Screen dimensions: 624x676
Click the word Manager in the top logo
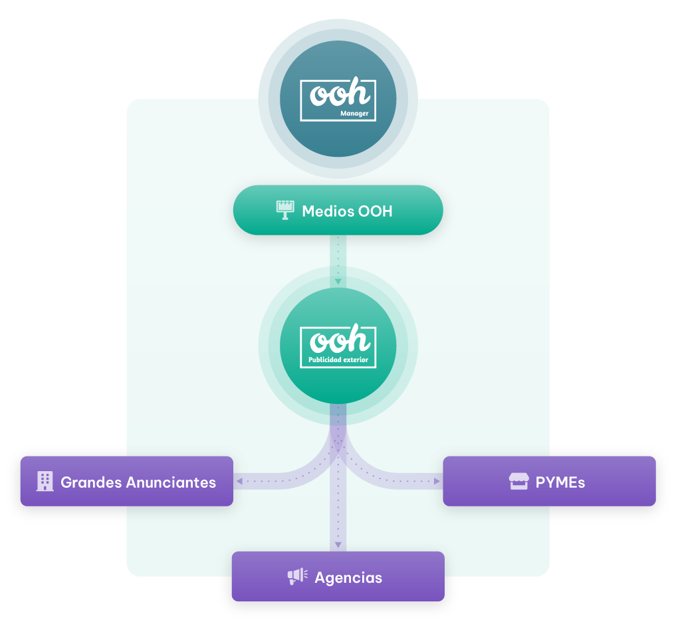(x=354, y=114)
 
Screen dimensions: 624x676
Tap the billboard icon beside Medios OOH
(x=285, y=211)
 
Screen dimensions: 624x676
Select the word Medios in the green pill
(x=327, y=211)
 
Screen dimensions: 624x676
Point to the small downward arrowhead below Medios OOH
(x=338, y=282)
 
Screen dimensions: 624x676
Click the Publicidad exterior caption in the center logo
(x=338, y=360)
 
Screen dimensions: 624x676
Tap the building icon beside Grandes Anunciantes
(x=45, y=481)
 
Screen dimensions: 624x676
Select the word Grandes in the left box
(x=88, y=482)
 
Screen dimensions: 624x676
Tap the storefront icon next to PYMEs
(x=518, y=481)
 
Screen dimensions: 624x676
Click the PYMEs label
(x=560, y=482)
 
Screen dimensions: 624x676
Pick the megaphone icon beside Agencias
(x=297, y=576)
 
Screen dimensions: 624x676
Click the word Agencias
(x=348, y=577)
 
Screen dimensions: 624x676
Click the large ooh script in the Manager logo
(x=340, y=94)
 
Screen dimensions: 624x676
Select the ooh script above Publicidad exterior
(x=340, y=340)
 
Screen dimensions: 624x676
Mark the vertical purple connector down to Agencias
(x=338, y=512)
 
